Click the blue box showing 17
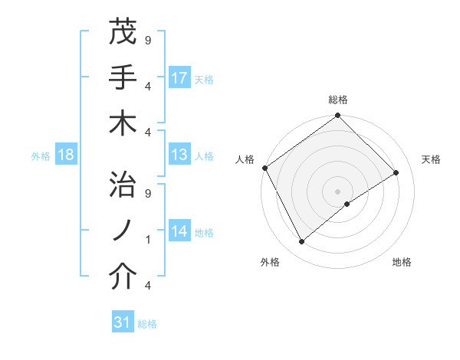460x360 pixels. pyautogui.click(x=179, y=78)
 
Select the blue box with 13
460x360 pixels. pyautogui.click(x=179, y=155)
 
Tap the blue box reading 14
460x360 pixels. pyautogui.click(x=179, y=231)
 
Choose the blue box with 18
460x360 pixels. pyautogui.click(x=66, y=155)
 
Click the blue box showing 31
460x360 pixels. pyautogui.click(x=123, y=322)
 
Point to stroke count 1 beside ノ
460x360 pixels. pyautogui.click(x=147, y=240)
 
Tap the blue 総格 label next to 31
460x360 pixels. pyautogui.click(x=148, y=324)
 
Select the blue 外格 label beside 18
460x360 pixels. pyautogui.click(x=41, y=156)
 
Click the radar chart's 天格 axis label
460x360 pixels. pyautogui.click(x=432, y=159)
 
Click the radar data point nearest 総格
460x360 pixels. pyautogui.click(x=337, y=116)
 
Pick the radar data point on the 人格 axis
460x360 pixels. pyautogui.click(x=264, y=168)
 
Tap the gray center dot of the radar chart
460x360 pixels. pyautogui.click(x=337, y=190)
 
